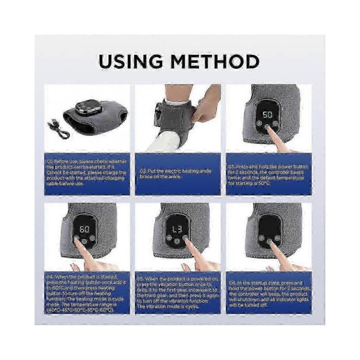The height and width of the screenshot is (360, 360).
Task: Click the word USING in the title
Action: (133, 62)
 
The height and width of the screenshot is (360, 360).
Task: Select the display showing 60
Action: (84, 227)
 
